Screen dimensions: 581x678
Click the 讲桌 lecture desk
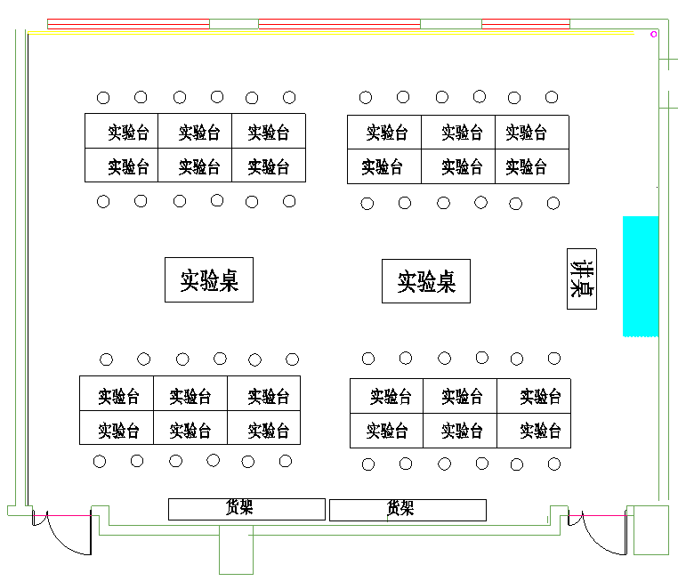[x=582, y=278]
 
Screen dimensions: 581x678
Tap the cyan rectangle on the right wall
[x=640, y=276]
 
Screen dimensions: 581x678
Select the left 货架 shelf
[x=246, y=509]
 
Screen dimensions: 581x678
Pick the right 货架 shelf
[x=408, y=510]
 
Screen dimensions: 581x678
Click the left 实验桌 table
[x=208, y=280]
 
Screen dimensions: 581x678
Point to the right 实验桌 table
[x=425, y=281]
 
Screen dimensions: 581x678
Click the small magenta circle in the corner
[x=654, y=35]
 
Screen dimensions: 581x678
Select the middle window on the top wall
[x=339, y=24]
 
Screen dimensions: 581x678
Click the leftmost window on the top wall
[x=128, y=24]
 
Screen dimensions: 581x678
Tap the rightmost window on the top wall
[x=525, y=24]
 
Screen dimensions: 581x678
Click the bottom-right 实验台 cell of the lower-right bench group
[x=534, y=430]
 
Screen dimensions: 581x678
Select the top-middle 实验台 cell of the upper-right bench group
[x=458, y=132]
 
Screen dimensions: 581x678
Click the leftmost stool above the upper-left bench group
[x=103, y=98]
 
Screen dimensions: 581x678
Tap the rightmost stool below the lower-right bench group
[x=554, y=464]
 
